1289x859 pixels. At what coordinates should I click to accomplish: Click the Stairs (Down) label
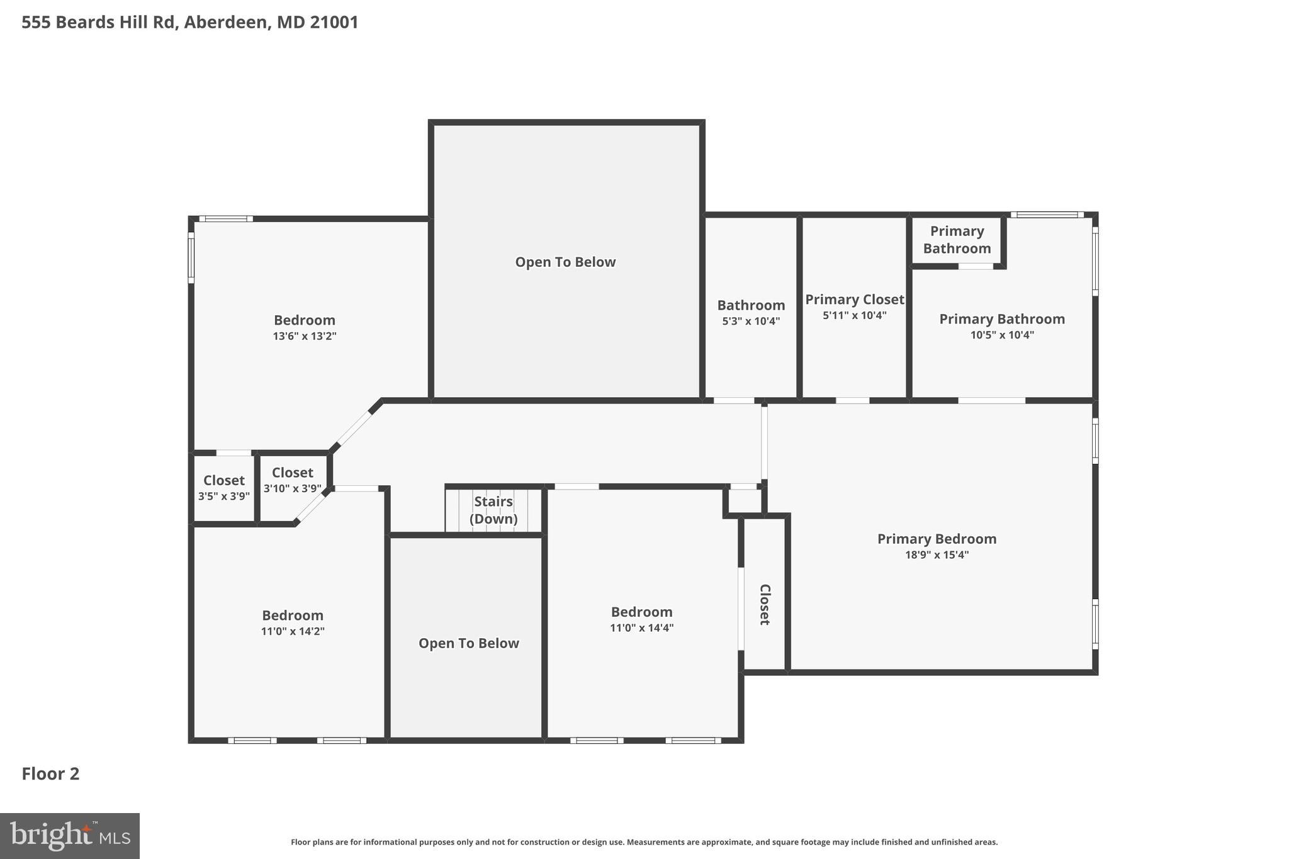coord(493,510)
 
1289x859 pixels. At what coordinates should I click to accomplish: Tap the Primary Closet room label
coord(854,300)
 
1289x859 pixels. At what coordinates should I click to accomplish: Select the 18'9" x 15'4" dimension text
coord(936,555)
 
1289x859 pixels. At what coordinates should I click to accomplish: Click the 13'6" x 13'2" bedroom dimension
coord(305,336)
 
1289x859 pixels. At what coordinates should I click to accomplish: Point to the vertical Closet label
coord(765,604)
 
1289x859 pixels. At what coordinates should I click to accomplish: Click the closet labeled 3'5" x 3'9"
coord(224,488)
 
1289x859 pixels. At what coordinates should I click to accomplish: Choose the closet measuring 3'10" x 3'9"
coord(292,480)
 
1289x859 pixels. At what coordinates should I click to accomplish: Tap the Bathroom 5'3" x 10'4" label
coord(751,312)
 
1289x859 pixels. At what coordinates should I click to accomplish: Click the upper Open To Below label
coord(565,262)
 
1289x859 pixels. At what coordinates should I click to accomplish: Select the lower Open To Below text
coord(468,643)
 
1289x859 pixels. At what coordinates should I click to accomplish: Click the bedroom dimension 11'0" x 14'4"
coord(641,628)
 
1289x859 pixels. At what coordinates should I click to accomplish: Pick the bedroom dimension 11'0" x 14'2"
coord(293,631)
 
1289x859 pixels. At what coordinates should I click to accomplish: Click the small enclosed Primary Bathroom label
coord(957,240)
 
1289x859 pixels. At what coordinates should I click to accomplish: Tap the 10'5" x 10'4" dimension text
coord(1002,335)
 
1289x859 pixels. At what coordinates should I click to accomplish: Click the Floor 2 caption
coord(50,773)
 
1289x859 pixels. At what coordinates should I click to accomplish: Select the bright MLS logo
coord(70,836)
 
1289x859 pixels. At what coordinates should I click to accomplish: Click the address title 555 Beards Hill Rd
coord(189,23)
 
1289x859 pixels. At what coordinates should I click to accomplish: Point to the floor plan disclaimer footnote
coord(644,842)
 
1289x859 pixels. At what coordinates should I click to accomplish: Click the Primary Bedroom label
coord(937,539)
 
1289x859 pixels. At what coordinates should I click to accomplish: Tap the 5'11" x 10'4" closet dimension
coord(854,315)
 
